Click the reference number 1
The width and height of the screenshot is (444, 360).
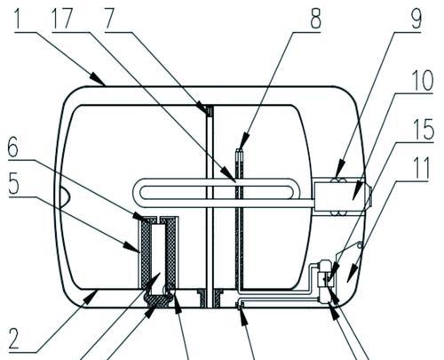[20, 19]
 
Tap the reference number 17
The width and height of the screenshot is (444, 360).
[62, 19]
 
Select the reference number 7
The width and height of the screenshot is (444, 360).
[109, 19]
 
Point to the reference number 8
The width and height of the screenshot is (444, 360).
[315, 19]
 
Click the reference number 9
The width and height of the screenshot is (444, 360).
[416, 19]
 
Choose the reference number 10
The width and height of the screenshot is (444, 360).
[423, 81]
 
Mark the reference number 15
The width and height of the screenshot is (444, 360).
[424, 129]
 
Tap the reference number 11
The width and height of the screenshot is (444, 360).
[422, 168]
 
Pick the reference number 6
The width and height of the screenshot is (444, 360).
[13, 148]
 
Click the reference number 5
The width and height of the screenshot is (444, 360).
[13, 184]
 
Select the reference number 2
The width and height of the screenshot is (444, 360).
[14, 339]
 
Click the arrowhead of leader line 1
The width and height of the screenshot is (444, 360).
[98, 79]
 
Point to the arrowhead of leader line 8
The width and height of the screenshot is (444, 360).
[244, 141]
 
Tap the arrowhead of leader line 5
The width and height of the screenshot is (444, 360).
[131, 247]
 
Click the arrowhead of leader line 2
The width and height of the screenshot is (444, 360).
[91, 297]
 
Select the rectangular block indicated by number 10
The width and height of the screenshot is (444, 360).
[339, 196]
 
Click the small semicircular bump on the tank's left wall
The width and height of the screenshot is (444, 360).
[65, 196]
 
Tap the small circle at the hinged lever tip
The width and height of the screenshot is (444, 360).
[360, 245]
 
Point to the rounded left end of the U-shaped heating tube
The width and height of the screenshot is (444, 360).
[137, 193]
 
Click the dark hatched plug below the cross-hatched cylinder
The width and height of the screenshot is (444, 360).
[156, 300]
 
